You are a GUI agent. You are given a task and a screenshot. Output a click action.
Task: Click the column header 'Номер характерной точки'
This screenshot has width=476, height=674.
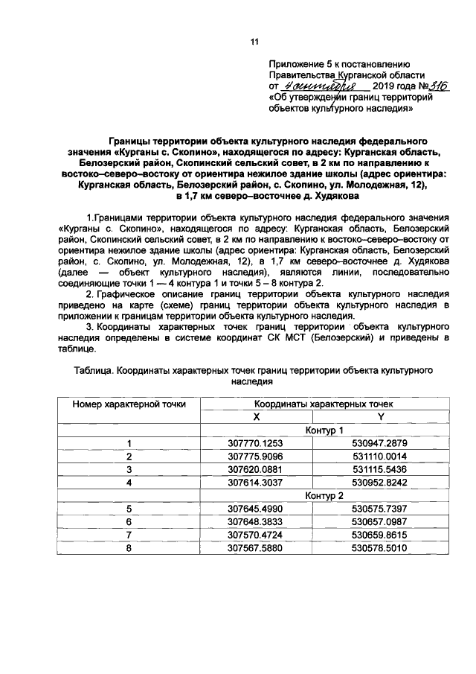(x=129, y=403)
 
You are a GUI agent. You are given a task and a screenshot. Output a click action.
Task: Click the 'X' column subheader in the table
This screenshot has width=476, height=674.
(x=256, y=416)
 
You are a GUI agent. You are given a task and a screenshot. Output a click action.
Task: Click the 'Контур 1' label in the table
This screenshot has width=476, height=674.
(x=324, y=430)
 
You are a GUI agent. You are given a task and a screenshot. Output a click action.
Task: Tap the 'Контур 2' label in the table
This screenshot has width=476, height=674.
(x=324, y=495)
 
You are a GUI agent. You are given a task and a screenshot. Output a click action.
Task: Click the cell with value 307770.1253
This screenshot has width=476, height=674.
(x=256, y=443)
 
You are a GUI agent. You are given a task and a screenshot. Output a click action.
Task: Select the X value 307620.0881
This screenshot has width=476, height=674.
(x=256, y=469)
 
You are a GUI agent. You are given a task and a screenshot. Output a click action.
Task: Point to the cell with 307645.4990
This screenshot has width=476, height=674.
(x=256, y=509)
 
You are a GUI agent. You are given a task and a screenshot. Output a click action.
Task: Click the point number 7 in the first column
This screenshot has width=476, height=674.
(x=129, y=535)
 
